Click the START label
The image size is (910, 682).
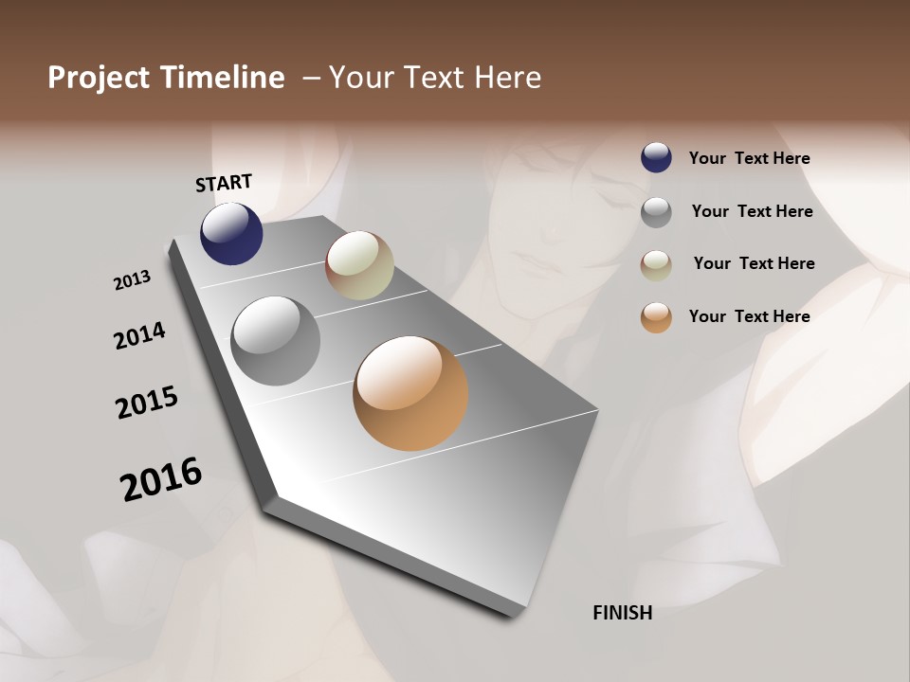click(224, 183)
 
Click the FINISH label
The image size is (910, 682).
click(622, 613)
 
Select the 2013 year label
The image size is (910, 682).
click(132, 280)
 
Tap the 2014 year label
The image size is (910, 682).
click(139, 336)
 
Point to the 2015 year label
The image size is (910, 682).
click(147, 403)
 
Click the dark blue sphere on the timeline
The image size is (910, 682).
click(231, 234)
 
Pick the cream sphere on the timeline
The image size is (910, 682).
click(359, 265)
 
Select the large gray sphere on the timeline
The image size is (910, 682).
click(275, 341)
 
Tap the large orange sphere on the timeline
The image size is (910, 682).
click(410, 393)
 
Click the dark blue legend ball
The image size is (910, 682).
click(656, 158)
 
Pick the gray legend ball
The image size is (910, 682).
click(656, 212)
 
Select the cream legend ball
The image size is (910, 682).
click(656, 264)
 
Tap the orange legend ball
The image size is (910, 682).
click(656, 317)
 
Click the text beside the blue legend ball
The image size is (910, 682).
click(749, 158)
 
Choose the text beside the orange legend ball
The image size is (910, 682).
click(749, 316)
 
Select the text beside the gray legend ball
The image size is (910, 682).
click(752, 211)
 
